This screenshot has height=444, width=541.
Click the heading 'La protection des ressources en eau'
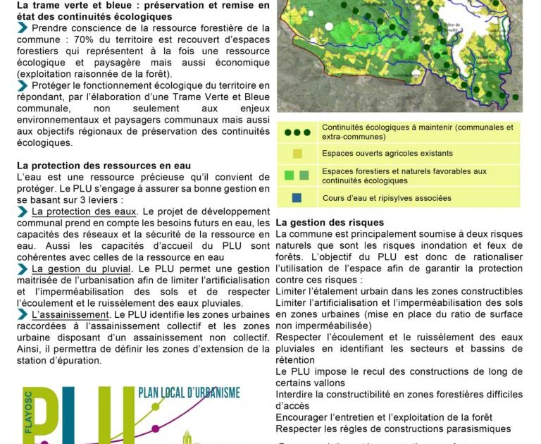coord(104,166)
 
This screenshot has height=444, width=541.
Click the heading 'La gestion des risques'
coord(330,223)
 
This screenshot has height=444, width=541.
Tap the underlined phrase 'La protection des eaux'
coord(84,211)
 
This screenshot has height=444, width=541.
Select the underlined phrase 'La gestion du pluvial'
coord(81,269)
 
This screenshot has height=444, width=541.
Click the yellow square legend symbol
coord(297,154)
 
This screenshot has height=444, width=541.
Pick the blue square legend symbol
coord(297,198)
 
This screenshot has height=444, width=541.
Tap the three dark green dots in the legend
coord(297,132)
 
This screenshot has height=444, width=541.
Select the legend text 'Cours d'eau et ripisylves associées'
coord(386,199)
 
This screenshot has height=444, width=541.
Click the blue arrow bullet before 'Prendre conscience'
coord(23,28)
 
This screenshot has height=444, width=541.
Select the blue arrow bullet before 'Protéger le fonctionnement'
coord(23,85)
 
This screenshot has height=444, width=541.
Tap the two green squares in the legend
coord(297,175)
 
